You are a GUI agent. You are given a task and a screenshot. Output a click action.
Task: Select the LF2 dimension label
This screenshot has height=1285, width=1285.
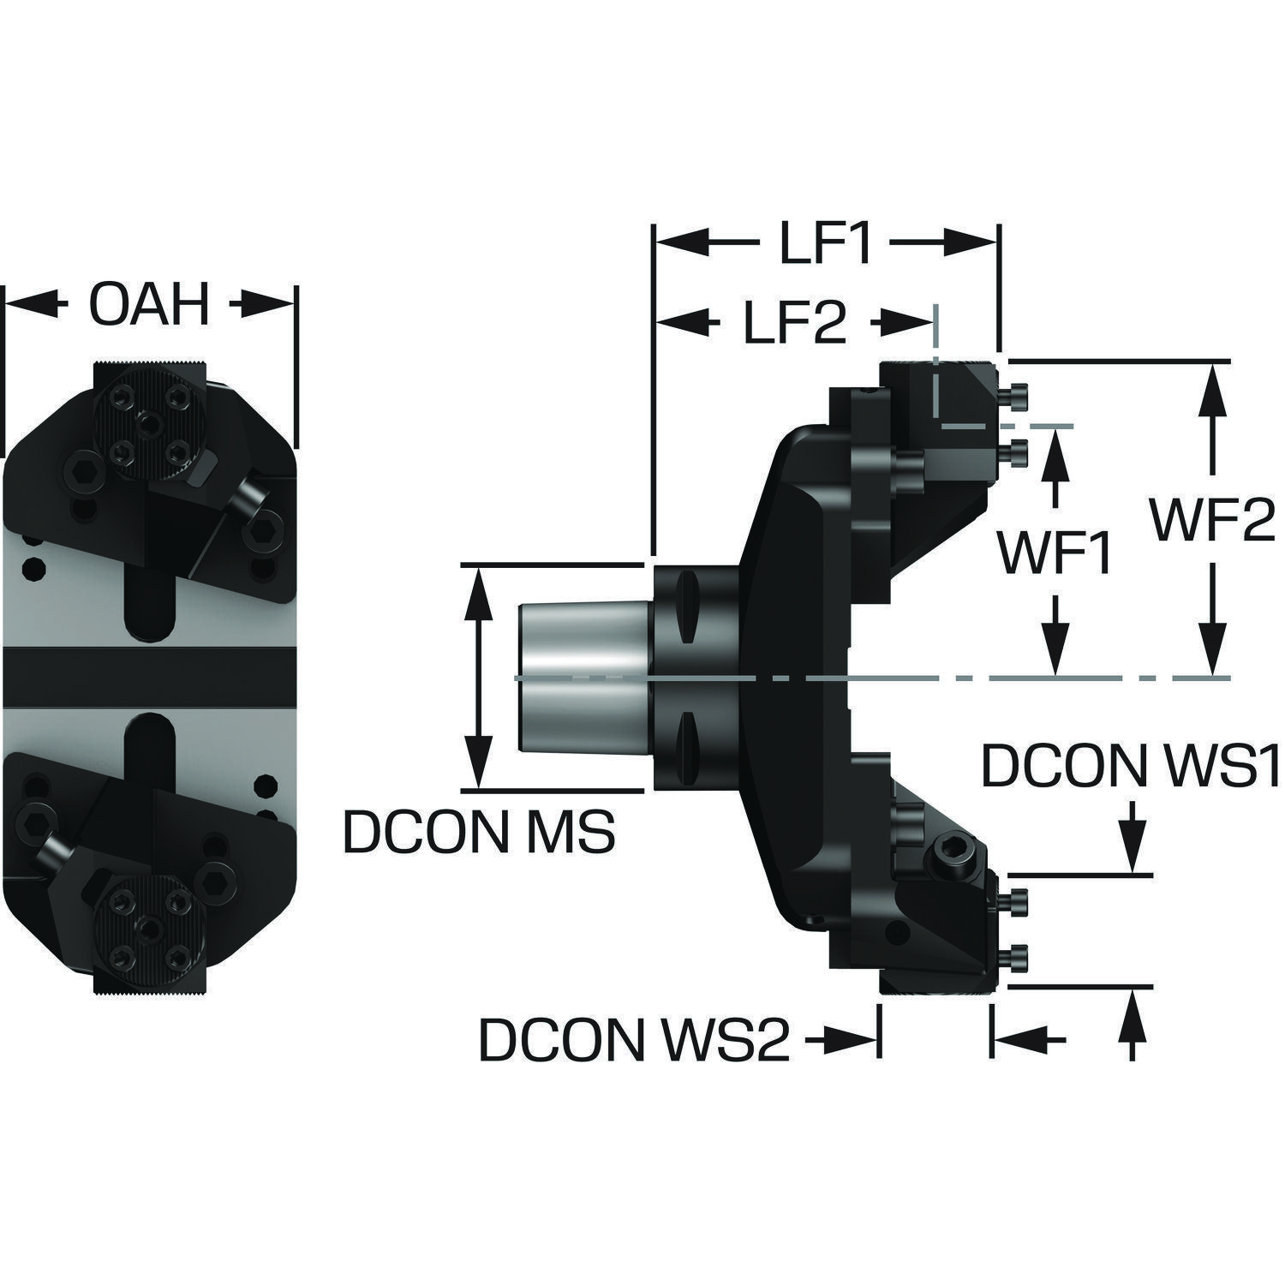click(793, 323)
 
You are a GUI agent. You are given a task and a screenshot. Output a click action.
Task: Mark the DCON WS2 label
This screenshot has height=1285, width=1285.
click(634, 1039)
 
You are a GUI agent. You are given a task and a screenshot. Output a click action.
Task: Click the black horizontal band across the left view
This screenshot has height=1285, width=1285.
click(150, 677)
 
